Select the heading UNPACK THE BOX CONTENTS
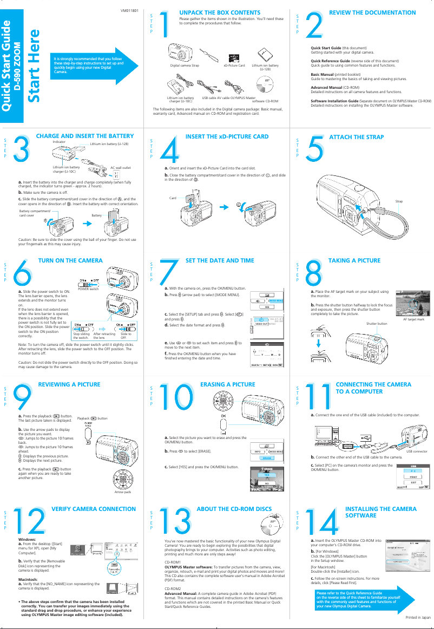pyautogui.click(x=220, y=12)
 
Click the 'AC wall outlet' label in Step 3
pyautogui.click(x=121, y=169)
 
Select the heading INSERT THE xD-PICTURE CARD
pyautogui.click(x=227, y=136)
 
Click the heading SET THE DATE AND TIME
pyautogui.click(x=220, y=260)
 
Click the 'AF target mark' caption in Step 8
pyautogui.click(x=413, y=319)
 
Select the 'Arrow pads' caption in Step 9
pyautogui.click(x=123, y=492)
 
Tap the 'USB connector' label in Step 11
pyautogui.click(x=417, y=450)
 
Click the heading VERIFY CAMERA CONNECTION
pyautogui.click(x=93, y=509)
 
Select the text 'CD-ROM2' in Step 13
pyautogui.click(x=173, y=588)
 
